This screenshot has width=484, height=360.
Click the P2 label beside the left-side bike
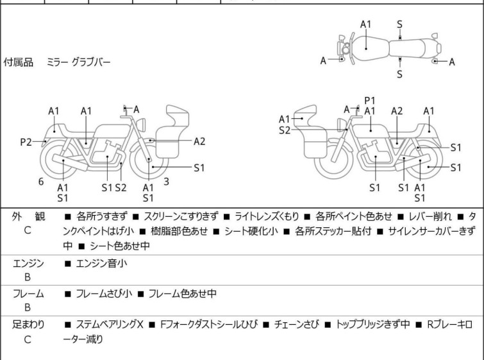coord(25,142)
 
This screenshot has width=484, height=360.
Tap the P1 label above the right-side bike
coord(369,101)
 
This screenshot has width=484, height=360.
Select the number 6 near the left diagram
coord(41,182)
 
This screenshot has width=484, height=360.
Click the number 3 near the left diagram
coord(166,182)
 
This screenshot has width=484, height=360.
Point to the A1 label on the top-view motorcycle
coord(365,24)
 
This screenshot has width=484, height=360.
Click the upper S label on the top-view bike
coord(399,24)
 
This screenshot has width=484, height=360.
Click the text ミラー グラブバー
coord(78,62)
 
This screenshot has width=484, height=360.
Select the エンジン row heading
coord(28,263)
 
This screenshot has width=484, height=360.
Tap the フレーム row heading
coord(28,294)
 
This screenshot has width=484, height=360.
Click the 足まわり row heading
coord(28,325)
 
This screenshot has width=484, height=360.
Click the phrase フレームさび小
coord(103,294)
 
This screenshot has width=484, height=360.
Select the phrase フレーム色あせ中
coord(182,294)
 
